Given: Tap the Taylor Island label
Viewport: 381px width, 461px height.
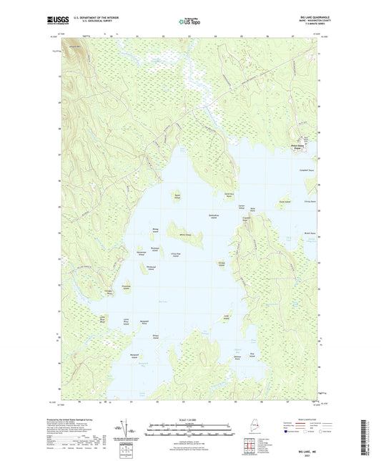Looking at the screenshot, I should pyautogui.click(x=177, y=195).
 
